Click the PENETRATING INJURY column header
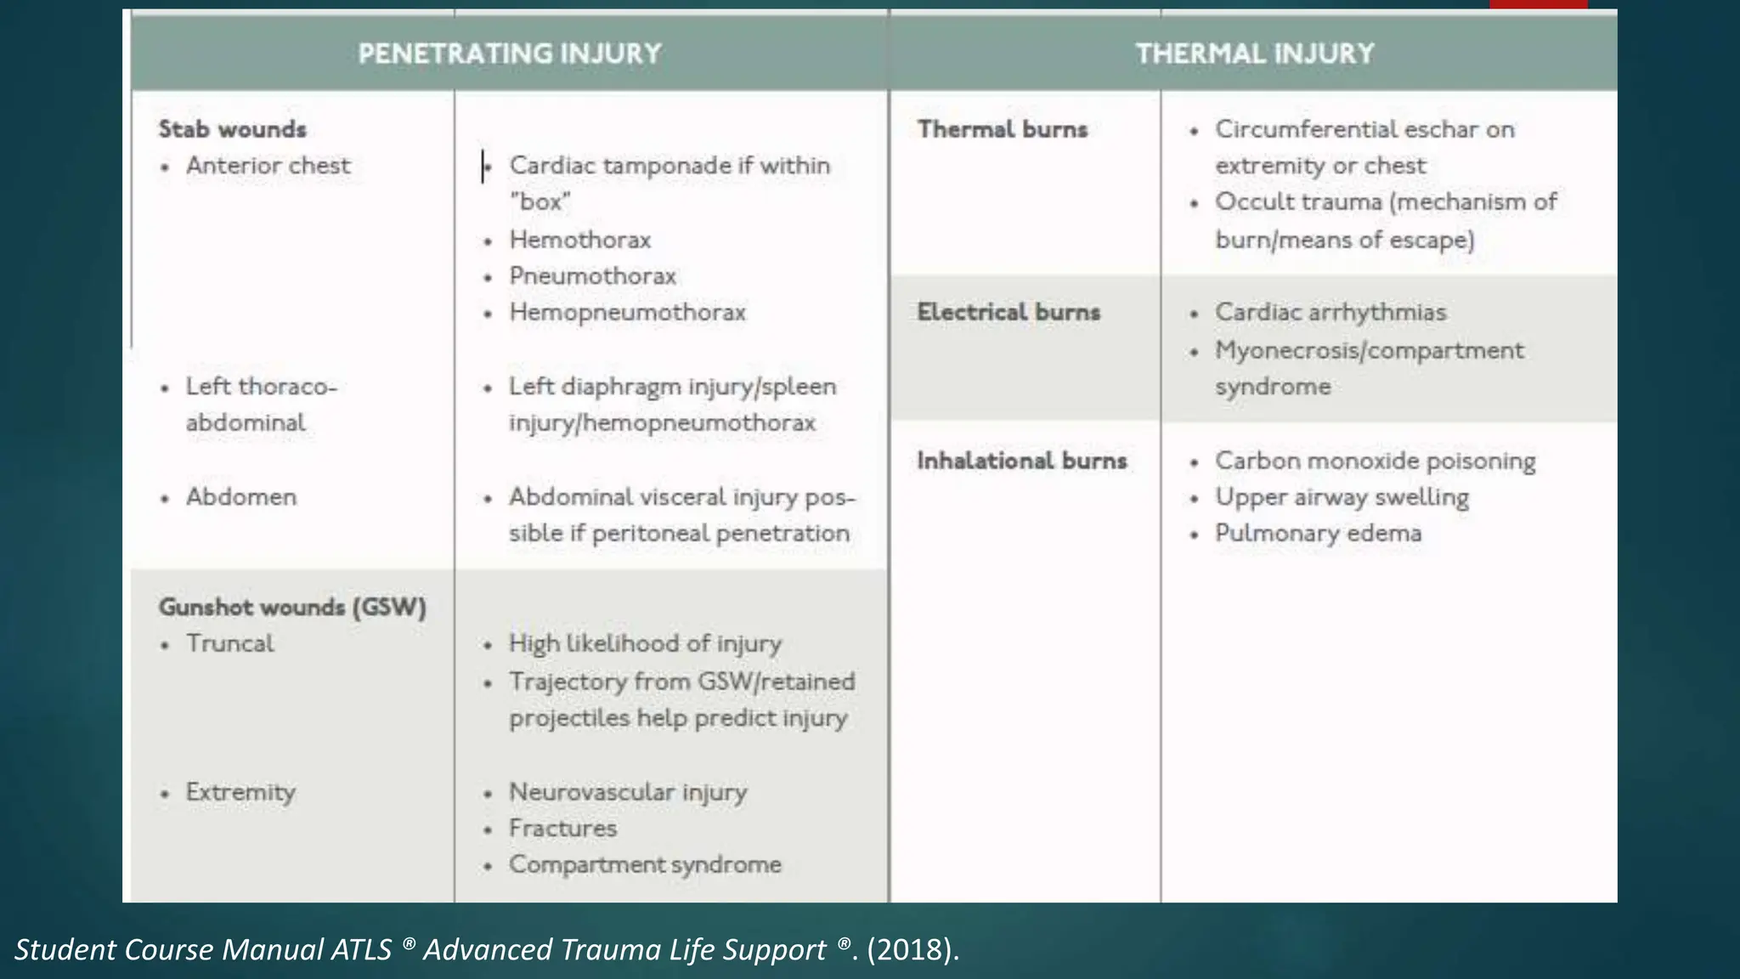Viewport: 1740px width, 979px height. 509,54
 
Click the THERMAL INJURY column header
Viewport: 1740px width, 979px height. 1254,54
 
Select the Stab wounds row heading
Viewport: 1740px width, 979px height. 232,129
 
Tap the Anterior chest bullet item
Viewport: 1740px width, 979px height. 268,166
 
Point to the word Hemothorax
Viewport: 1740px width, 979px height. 580,240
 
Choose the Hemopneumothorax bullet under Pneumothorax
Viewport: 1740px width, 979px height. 627,313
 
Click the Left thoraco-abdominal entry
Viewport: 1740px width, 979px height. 261,405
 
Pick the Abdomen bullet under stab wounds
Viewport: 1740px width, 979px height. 241,497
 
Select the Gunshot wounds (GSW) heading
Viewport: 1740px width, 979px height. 292,607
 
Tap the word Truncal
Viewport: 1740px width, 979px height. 230,643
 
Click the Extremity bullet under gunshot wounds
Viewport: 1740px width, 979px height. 240,792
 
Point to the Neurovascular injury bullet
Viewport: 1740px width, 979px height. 628,792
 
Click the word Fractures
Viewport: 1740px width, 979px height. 562,829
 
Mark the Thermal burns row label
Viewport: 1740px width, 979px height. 1003,129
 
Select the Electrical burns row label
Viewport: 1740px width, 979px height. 1008,313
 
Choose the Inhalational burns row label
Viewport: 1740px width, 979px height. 1022,461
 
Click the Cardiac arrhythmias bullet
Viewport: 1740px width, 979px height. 1330,313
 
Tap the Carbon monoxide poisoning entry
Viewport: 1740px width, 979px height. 1375,461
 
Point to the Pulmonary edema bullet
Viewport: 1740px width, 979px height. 1318,534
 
